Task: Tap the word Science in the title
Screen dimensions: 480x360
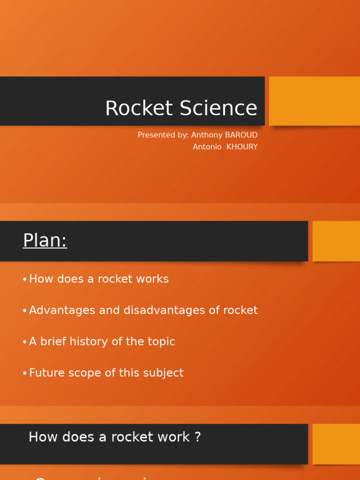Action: [x=218, y=108]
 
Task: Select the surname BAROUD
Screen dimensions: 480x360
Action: [x=241, y=135]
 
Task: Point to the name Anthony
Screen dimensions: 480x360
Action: [x=207, y=135]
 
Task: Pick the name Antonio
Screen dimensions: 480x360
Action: [x=207, y=147]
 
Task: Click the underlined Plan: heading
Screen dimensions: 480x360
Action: [x=45, y=240]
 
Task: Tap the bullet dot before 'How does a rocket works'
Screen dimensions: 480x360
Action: [x=24, y=280]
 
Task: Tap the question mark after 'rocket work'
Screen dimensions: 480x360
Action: [x=197, y=437]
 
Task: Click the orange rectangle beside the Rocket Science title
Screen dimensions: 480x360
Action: [x=314, y=101]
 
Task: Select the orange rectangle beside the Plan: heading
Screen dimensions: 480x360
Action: [x=336, y=241]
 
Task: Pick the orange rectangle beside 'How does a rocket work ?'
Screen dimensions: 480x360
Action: [x=336, y=444]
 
